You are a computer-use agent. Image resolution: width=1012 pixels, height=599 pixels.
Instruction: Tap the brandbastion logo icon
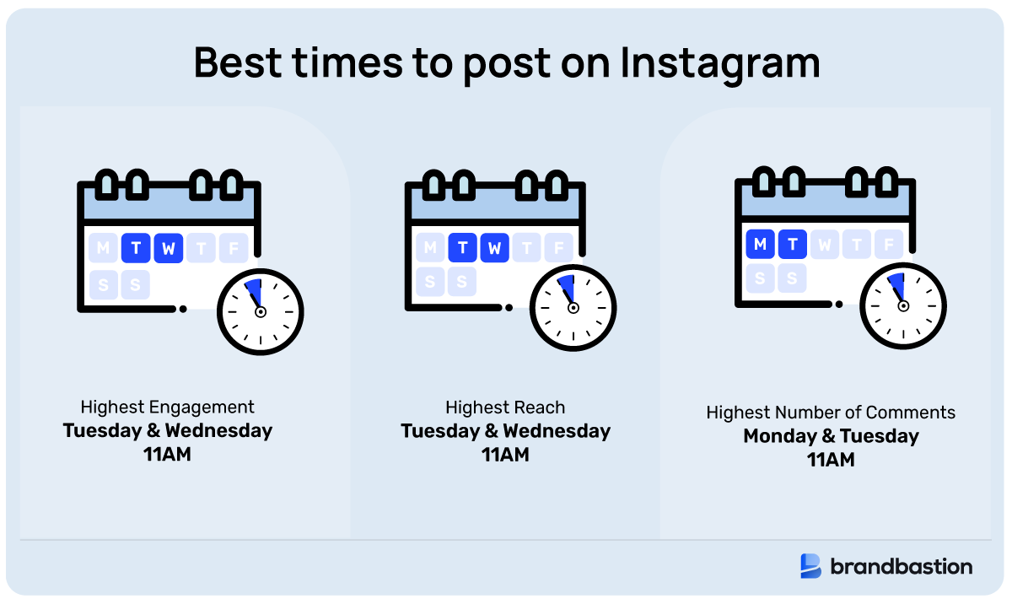coord(810,566)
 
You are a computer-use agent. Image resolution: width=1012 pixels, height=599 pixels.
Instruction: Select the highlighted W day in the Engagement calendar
coord(169,248)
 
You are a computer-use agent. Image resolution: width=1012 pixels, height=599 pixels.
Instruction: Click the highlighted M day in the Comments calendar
coord(761,244)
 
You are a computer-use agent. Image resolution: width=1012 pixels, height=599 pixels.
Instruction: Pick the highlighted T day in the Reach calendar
coord(463,248)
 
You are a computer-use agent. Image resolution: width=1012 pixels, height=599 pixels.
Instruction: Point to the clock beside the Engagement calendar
coord(260,311)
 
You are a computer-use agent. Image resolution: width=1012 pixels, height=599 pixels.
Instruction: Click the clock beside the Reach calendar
coord(573,307)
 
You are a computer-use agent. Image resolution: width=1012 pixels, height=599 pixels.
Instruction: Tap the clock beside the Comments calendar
coord(902,305)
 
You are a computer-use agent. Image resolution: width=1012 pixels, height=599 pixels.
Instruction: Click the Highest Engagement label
coord(168,407)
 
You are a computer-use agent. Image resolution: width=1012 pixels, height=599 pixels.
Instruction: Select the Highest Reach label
coord(505,407)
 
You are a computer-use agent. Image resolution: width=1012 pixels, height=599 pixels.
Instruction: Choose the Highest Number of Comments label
coord(831,413)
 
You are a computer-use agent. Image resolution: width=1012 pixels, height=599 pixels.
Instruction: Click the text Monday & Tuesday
coord(831,436)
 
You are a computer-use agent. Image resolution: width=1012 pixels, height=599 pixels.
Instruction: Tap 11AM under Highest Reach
coord(505,455)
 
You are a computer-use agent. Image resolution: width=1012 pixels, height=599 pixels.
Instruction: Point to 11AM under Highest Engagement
coord(168,455)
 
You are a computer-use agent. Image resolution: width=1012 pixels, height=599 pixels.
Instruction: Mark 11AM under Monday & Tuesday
coord(831,460)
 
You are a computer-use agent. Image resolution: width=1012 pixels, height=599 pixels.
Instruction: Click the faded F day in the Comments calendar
coord(888,244)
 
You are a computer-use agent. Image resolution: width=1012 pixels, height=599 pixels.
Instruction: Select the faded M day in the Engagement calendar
coord(104,248)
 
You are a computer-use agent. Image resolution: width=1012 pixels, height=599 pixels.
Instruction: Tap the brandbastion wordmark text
coord(902,566)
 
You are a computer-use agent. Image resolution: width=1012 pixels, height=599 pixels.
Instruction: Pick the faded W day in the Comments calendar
coord(825,244)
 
